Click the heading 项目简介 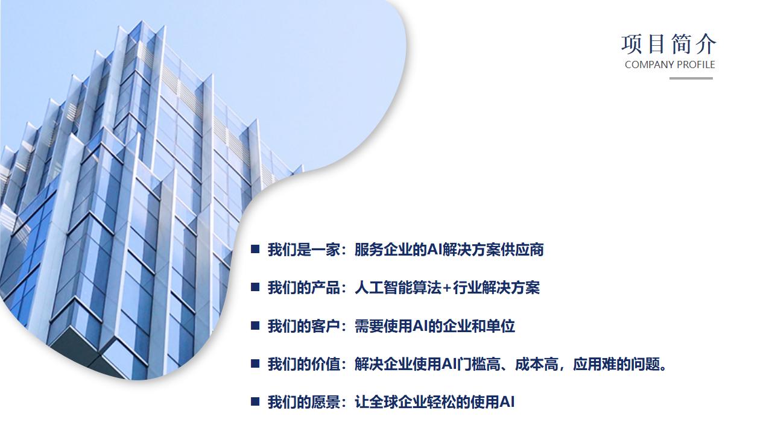669,45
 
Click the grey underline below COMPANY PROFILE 691,78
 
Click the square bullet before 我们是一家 255,249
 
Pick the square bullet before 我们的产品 255,287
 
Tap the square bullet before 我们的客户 255,325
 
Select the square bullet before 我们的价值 255,363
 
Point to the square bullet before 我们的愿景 255,401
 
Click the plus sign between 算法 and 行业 447,288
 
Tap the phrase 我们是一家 304,250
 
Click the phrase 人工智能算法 398,288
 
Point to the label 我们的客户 304,326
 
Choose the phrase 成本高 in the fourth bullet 537,364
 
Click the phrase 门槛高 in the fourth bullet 478,364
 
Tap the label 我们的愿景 304,402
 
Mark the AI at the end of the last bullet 507,402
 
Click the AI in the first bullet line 434,250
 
